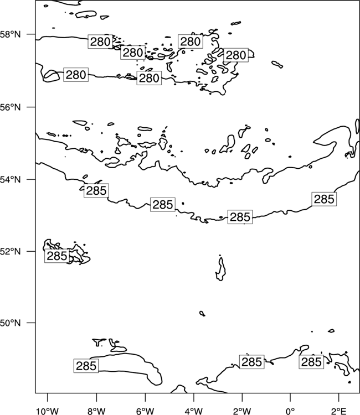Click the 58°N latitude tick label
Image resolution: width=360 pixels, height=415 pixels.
(11, 34)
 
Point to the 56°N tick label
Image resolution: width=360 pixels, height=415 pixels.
(11, 107)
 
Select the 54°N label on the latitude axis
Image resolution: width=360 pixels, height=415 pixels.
(11, 180)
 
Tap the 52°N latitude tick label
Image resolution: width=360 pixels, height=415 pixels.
(11, 251)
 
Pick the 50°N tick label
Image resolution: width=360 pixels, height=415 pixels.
(11, 323)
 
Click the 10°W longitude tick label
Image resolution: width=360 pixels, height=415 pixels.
(48, 411)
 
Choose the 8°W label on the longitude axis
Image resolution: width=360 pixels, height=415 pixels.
(96, 411)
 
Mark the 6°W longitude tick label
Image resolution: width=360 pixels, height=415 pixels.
(145, 411)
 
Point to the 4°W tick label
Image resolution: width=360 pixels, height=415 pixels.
(194, 411)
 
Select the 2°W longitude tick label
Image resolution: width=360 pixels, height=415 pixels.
(242, 411)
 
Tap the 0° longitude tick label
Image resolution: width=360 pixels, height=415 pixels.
(290, 411)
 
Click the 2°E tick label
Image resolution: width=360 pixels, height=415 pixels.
(339, 411)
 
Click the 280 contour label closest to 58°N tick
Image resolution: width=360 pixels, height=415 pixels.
(100, 41)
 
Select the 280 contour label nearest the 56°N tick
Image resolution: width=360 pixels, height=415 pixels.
(76, 75)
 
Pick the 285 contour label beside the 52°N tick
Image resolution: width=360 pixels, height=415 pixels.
(56, 256)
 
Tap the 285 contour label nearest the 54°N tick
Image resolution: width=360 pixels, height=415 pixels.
(96, 190)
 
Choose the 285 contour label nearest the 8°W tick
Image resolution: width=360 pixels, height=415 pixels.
(86, 366)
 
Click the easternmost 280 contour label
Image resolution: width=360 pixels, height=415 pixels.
(236, 55)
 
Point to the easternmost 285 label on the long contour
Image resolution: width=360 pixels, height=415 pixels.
(324, 199)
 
